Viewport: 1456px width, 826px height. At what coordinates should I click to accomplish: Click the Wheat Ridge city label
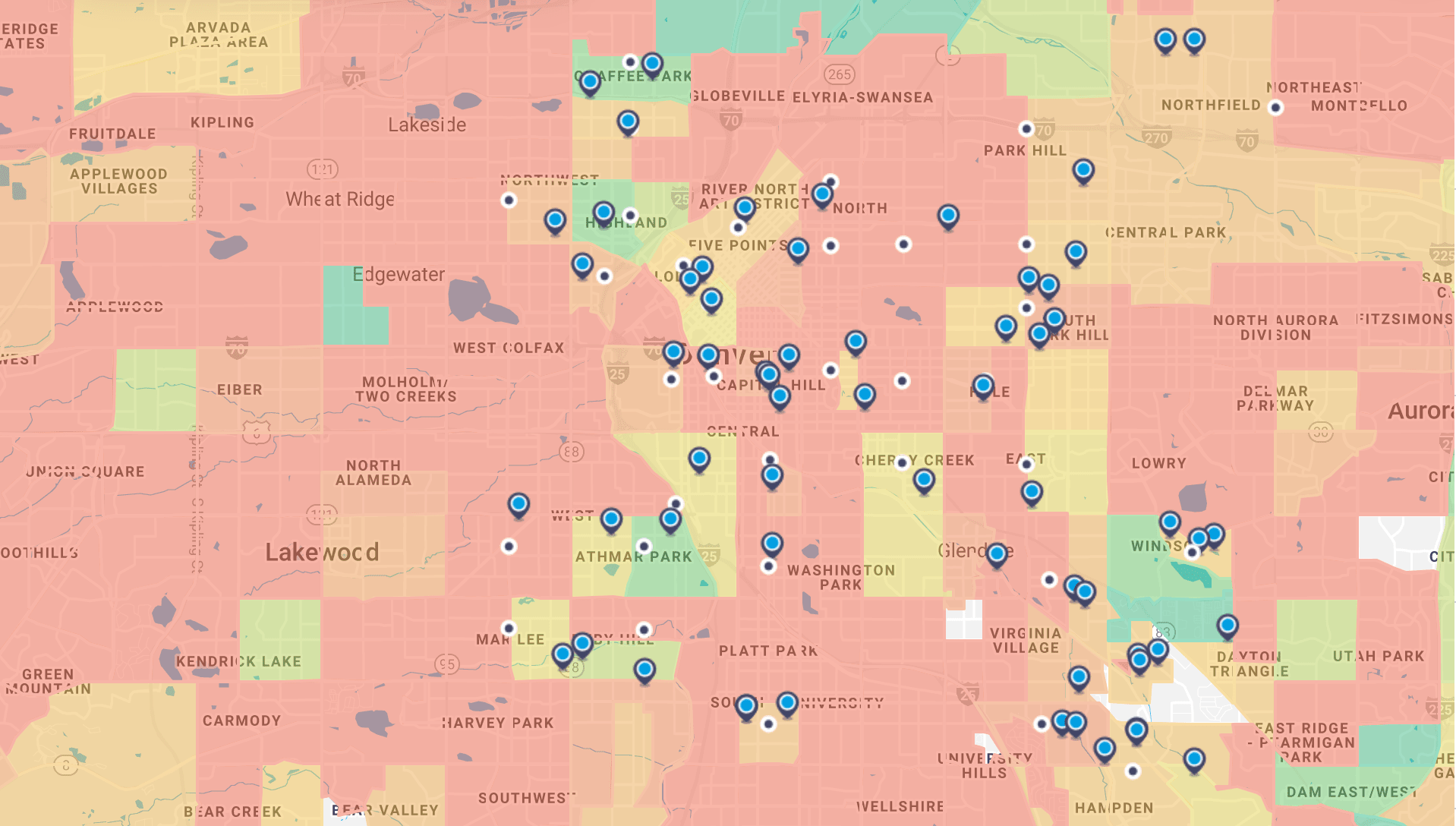pos(340,200)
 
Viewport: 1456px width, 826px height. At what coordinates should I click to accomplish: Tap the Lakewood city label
pos(322,552)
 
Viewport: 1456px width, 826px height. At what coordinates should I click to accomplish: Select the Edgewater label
pos(399,274)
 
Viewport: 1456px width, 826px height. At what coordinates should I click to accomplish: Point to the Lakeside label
pos(427,125)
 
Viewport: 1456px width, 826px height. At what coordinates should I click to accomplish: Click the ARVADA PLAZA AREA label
pos(219,35)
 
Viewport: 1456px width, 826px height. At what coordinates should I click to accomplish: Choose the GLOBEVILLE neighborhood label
pos(738,96)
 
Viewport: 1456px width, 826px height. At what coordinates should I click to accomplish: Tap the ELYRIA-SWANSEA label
pos(862,97)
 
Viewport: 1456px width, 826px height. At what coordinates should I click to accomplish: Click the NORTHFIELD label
pos(1211,106)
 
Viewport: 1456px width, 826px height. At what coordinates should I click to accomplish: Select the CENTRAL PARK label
pos(1165,232)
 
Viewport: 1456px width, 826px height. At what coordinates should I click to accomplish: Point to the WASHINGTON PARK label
pos(841,577)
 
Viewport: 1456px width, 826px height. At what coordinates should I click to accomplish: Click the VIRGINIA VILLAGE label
pos(1026,640)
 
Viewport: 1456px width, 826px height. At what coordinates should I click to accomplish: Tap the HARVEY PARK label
pos(498,723)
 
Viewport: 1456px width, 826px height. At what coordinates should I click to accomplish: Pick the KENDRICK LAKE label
pos(238,661)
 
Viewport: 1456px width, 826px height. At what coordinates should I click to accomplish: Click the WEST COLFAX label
pos(509,348)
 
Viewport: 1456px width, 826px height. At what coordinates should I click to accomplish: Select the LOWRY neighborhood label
pos(1158,463)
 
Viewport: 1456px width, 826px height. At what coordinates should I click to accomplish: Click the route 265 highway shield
pos(840,74)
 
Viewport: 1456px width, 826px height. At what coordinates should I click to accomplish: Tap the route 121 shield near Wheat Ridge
pos(323,169)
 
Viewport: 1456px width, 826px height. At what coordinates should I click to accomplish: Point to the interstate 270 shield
pos(1156,138)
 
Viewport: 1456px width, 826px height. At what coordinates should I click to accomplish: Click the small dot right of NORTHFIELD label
pos(1276,108)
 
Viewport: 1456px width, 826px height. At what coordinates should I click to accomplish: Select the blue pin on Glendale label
pos(997,553)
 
